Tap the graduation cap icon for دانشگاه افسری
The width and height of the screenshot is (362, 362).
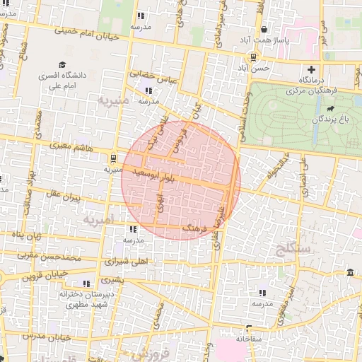(62, 66)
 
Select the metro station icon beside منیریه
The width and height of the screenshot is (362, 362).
(114, 158)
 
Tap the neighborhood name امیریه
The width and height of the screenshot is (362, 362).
(99, 221)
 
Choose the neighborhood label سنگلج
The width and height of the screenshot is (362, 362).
(290, 248)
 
